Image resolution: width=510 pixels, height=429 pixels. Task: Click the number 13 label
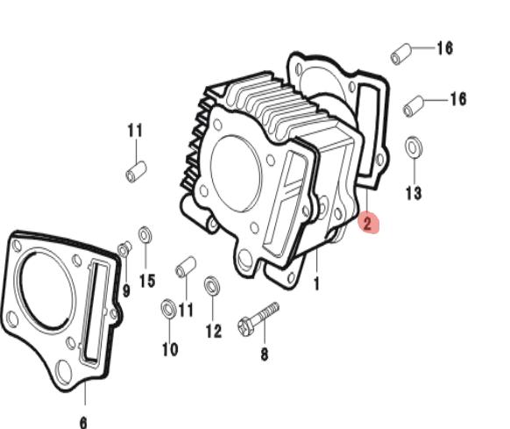click(414, 193)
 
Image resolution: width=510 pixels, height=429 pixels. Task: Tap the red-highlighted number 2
click(367, 224)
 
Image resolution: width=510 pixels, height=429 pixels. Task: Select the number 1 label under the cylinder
click(316, 283)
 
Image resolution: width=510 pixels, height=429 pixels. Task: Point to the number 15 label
click(147, 281)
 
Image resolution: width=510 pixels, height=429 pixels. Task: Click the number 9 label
click(126, 290)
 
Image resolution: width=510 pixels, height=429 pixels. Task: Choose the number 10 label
click(170, 349)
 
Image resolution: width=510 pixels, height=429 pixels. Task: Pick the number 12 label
click(214, 332)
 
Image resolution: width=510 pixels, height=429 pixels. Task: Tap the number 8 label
click(265, 354)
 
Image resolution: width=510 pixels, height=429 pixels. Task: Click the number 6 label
click(83, 423)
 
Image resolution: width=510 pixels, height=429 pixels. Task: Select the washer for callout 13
click(414, 147)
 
